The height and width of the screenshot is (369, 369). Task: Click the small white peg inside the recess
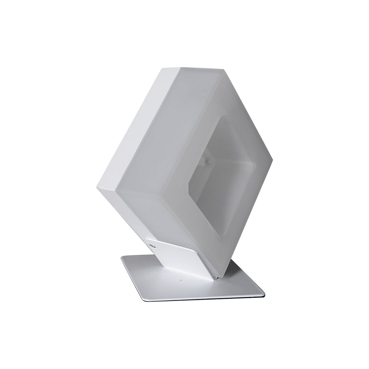[206, 160]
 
